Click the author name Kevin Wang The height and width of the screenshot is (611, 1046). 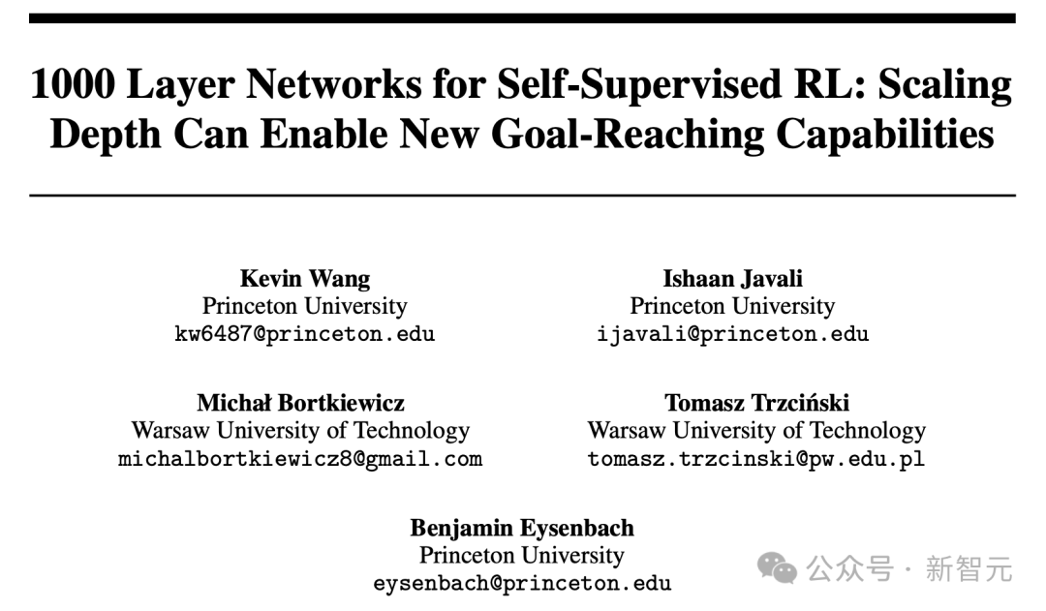click(305, 279)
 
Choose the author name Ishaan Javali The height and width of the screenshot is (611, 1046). click(732, 279)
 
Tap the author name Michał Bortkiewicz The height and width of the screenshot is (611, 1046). click(300, 403)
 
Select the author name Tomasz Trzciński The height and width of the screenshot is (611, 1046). click(756, 403)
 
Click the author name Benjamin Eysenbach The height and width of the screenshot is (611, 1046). click(522, 528)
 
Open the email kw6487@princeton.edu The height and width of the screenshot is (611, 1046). click(304, 335)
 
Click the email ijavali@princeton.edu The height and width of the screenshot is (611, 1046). click(733, 335)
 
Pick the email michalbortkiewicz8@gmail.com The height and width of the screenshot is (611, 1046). click(300, 459)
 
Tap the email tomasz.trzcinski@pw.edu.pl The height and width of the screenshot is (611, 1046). click(756, 459)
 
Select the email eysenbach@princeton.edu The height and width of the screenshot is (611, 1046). click(522, 584)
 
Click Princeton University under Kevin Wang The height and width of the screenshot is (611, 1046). click(305, 307)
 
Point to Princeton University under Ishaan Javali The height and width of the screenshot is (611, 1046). click(732, 307)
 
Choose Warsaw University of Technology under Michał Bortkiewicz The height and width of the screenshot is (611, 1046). click(300, 431)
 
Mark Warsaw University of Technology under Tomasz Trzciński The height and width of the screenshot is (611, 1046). click(756, 431)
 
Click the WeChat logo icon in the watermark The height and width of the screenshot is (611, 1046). click(778, 568)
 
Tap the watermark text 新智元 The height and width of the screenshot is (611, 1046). click(969, 568)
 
